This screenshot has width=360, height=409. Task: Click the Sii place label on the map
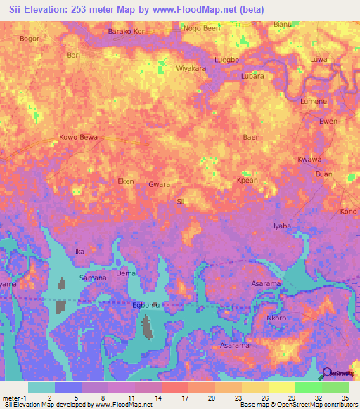[x=180, y=202]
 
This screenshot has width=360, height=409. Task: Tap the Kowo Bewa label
[x=78, y=137]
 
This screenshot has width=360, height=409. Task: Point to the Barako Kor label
[x=127, y=32]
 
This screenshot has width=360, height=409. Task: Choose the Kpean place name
[x=247, y=181]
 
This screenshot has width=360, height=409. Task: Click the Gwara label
[x=160, y=184]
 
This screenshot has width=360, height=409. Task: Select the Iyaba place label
[x=281, y=226]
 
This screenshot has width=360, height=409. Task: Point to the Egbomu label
[x=147, y=305]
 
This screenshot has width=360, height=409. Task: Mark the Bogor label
[x=30, y=39]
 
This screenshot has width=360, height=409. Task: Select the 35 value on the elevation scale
[x=345, y=397]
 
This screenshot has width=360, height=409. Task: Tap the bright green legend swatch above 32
[x=309, y=387]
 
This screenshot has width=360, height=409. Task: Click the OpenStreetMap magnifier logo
[x=327, y=375]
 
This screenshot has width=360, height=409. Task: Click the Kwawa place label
[x=309, y=160]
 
